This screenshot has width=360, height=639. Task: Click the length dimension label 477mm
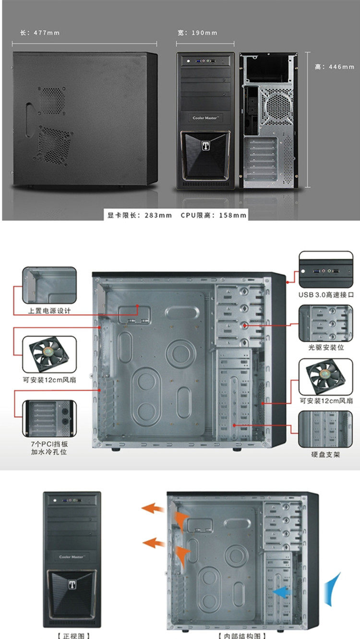(40, 33)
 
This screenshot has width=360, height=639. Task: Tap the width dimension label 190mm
(197, 33)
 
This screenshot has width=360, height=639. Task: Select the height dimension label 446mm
(335, 67)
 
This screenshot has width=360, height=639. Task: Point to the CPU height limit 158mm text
(214, 215)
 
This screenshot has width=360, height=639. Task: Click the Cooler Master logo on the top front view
(205, 118)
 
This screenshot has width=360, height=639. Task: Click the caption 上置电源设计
(49, 311)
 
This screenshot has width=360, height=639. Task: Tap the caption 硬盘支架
(326, 454)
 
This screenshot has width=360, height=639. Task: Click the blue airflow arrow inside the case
(283, 593)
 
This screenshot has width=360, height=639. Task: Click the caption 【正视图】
(73, 635)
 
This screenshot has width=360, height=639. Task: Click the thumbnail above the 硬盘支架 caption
(326, 429)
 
